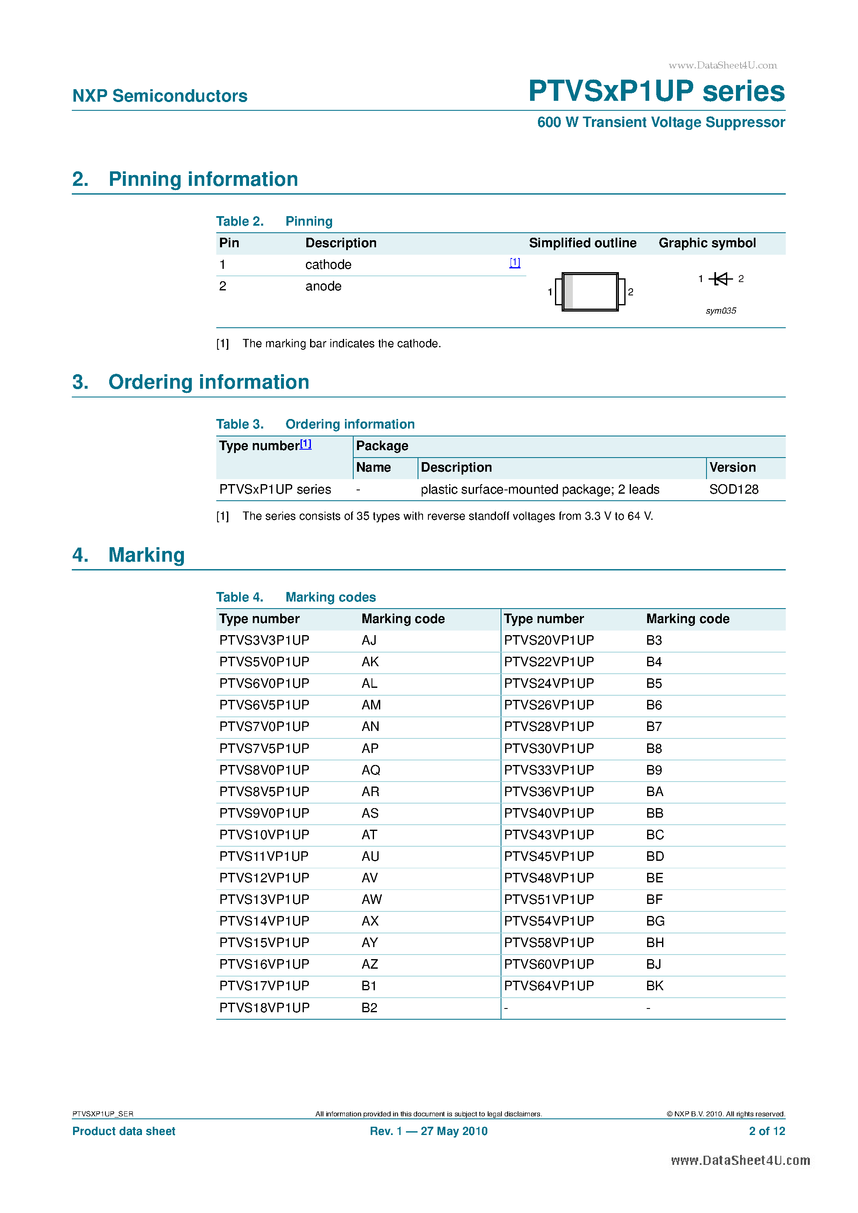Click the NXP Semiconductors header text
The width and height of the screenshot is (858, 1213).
(160, 96)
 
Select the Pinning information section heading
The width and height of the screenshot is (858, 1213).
(203, 179)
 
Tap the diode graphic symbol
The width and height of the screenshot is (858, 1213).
(721, 278)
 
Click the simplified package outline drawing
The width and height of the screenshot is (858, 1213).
(590, 292)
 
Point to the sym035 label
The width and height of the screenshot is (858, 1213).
(721, 311)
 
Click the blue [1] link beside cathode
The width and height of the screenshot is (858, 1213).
(514, 263)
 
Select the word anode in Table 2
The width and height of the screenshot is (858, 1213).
(323, 286)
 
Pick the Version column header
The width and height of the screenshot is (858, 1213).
(732, 468)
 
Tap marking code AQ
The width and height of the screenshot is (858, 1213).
(371, 770)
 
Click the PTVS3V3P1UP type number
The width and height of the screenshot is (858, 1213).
(264, 641)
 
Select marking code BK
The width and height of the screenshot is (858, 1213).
(655, 986)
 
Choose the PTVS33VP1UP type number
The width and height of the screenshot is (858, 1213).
(549, 770)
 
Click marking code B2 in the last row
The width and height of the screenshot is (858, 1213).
(369, 1008)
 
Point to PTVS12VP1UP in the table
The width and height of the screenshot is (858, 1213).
(264, 878)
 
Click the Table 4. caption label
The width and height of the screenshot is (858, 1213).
(240, 597)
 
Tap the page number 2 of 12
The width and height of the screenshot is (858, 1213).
(767, 1131)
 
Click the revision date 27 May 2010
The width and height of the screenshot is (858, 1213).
(454, 1131)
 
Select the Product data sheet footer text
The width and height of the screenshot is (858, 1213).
(124, 1131)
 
